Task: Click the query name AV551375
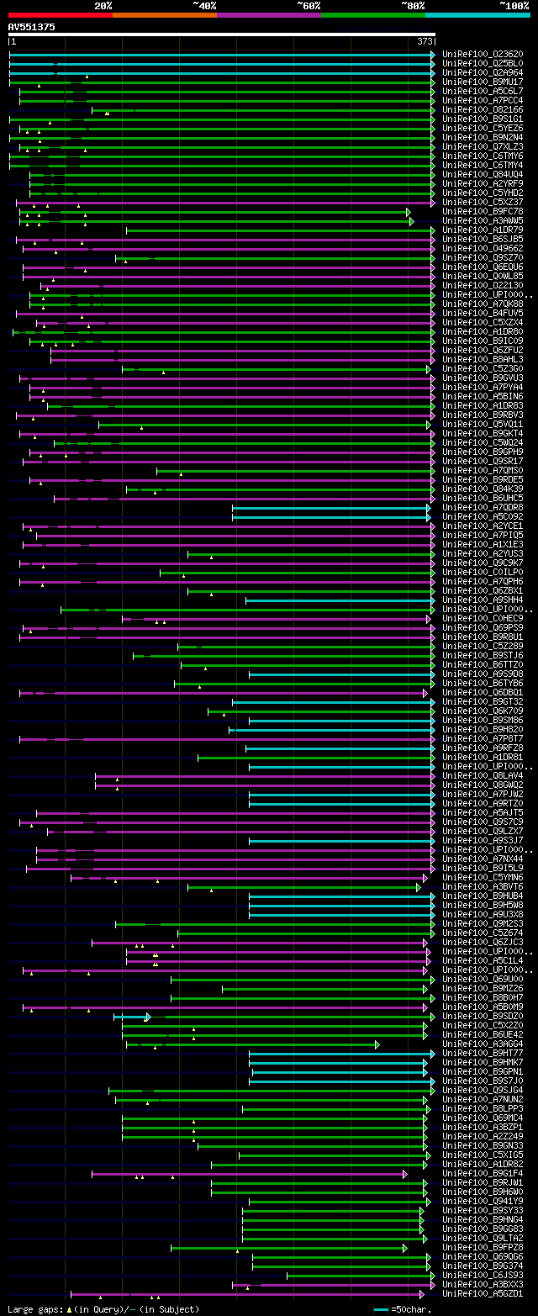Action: tap(32, 27)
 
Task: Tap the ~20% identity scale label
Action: tap(103, 5)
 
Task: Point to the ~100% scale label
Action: tap(514, 5)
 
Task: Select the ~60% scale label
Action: tap(308, 5)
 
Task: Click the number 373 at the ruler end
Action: tap(425, 41)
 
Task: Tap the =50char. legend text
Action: tap(408, 1309)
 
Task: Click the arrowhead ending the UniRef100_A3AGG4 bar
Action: tap(377, 1044)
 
